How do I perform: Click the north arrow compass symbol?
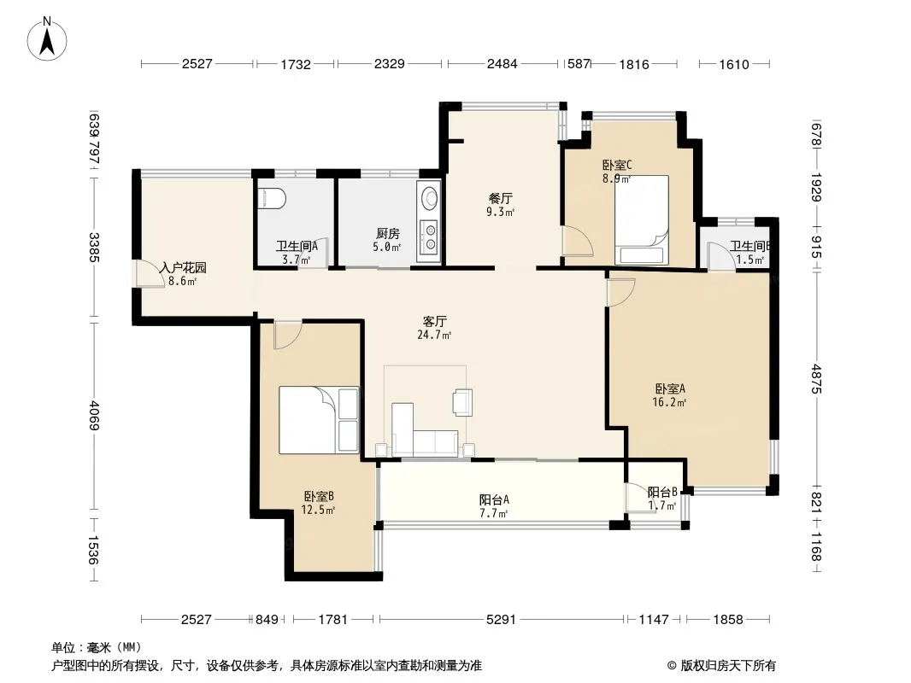(x=47, y=38)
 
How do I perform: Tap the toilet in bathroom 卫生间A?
(x=272, y=198)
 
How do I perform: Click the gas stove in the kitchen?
(x=430, y=236)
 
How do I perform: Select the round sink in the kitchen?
(x=430, y=197)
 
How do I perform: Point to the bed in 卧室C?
(x=642, y=220)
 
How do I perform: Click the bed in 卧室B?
(x=319, y=420)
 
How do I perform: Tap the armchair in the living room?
(x=462, y=402)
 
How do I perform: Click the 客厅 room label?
(x=434, y=322)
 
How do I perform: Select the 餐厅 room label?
(x=500, y=198)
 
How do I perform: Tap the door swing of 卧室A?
(x=620, y=292)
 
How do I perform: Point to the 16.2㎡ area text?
(x=669, y=402)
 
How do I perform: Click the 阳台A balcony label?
(x=495, y=499)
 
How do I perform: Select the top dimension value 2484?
(x=502, y=64)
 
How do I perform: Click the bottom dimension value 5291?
(x=501, y=620)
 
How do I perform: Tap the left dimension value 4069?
(x=94, y=416)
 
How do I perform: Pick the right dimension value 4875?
(x=817, y=378)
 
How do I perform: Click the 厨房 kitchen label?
(x=387, y=234)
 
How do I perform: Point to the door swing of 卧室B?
(x=288, y=335)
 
